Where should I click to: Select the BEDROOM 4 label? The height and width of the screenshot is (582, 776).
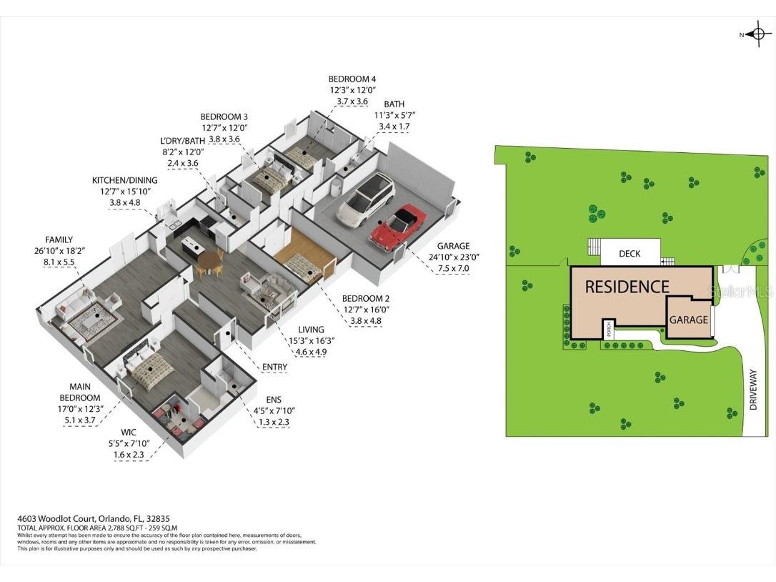(x=352, y=79)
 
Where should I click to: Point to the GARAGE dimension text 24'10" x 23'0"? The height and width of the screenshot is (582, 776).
(x=454, y=257)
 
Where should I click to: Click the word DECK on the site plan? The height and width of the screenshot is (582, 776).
(x=630, y=254)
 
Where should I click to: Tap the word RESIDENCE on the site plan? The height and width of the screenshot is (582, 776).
(x=627, y=287)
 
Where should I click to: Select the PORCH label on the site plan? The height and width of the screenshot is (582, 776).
(x=607, y=330)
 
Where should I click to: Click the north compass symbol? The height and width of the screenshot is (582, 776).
(x=757, y=34)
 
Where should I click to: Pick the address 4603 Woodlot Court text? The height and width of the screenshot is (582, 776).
(x=67, y=519)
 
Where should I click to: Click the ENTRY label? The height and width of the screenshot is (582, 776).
(x=274, y=367)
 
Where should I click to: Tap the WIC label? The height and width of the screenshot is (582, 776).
(x=128, y=433)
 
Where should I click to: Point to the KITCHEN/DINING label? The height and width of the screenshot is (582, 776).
(x=125, y=180)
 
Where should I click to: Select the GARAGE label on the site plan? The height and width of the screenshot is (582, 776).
(x=688, y=320)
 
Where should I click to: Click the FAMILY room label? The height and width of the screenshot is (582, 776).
(x=59, y=240)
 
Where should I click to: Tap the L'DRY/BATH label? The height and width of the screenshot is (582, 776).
(x=182, y=141)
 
